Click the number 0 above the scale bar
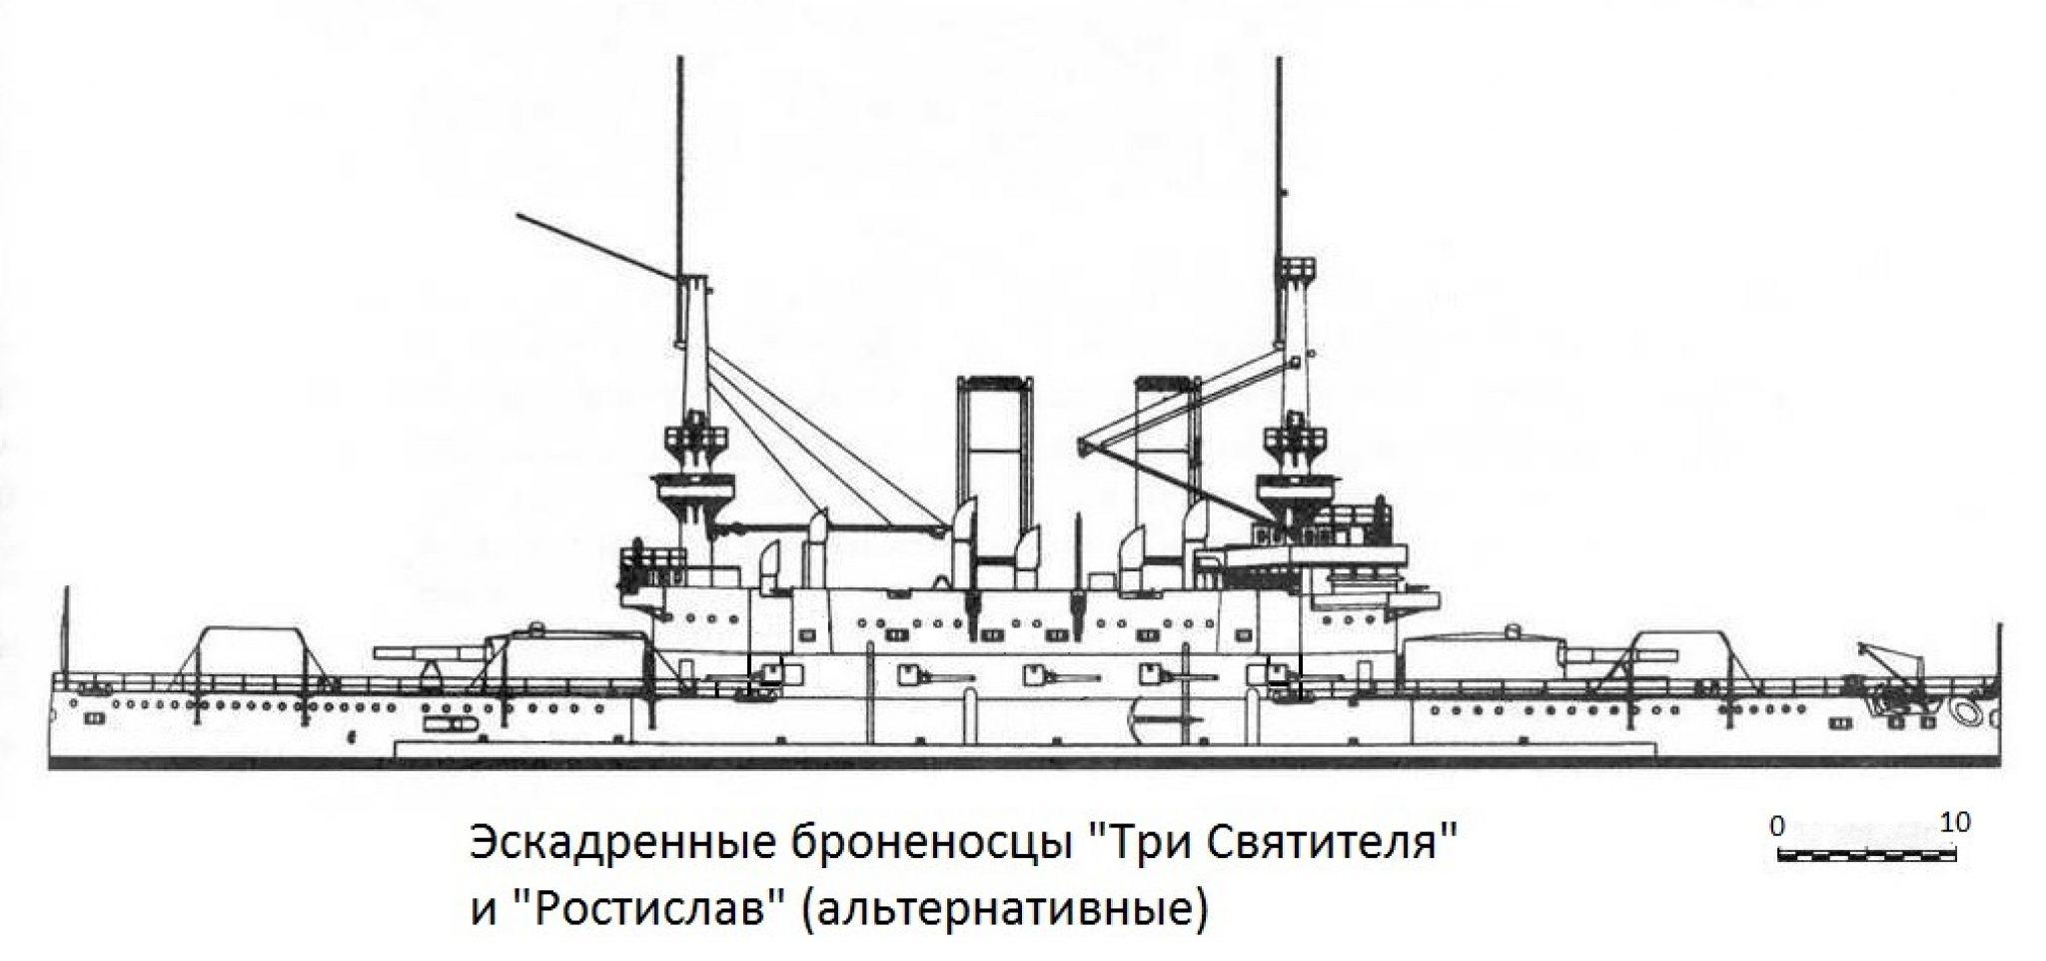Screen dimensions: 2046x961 coord(1775,825)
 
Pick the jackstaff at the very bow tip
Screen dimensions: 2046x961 coord(1999,649)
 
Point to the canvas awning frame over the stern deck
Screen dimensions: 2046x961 coord(250,654)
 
